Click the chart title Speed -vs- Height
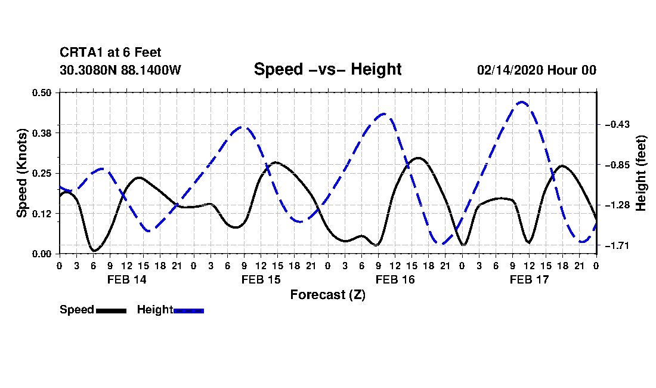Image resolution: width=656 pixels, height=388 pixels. [x=327, y=69]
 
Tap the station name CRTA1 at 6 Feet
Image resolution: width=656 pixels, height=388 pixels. [x=110, y=53]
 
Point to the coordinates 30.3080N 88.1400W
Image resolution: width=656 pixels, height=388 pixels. [x=120, y=70]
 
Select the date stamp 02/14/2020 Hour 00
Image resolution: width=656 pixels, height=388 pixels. [x=537, y=70]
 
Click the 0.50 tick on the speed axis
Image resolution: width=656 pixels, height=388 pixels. [x=41, y=93]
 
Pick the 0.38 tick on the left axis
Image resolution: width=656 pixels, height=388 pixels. [x=41, y=133]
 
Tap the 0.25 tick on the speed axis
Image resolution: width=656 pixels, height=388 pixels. [x=41, y=173]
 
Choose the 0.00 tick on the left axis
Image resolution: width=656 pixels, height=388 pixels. [x=41, y=254]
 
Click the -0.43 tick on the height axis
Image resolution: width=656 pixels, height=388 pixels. [x=617, y=124]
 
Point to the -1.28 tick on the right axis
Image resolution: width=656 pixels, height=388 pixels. [x=617, y=205]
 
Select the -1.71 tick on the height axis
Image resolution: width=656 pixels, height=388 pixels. [x=617, y=245]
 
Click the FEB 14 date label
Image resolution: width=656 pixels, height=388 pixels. [x=127, y=279]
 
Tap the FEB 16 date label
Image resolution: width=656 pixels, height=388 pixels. [x=395, y=279]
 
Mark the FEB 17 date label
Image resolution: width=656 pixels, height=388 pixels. [x=529, y=279]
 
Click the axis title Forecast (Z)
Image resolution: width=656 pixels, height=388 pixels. [x=328, y=295]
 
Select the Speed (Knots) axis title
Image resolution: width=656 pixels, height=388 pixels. [x=21, y=173]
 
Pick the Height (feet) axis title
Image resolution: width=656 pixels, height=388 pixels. [x=641, y=173]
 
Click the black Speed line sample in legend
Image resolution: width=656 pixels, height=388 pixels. [x=112, y=310]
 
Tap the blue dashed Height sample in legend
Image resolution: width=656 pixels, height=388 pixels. [x=188, y=310]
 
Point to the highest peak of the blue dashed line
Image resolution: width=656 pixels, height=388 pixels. [x=521, y=102]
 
